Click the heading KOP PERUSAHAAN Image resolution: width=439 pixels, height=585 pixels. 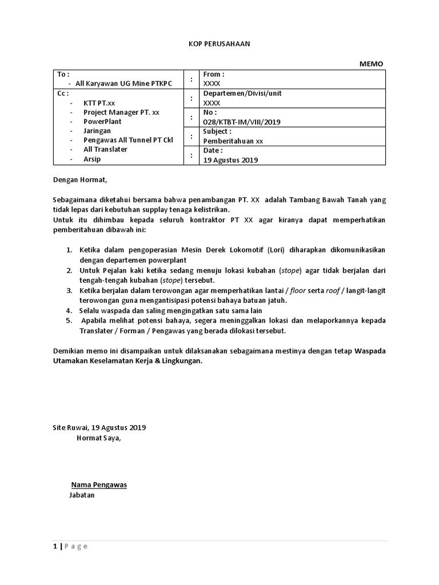point(219,43)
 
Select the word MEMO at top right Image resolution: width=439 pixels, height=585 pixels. point(371,63)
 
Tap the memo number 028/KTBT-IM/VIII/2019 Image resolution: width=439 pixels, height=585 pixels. point(242,122)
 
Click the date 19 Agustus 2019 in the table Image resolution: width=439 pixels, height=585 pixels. point(230,160)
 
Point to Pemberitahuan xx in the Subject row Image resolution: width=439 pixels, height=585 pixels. point(233,141)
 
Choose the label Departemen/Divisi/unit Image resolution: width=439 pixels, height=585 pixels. point(242,93)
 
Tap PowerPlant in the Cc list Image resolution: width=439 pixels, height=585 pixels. point(102,121)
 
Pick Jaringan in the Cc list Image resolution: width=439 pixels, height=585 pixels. point(98,130)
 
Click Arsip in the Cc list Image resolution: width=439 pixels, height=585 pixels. point(92,159)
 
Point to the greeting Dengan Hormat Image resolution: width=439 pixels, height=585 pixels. point(79,179)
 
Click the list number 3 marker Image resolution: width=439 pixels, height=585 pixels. point(69,291)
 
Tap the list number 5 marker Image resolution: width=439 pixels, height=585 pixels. point(69,320)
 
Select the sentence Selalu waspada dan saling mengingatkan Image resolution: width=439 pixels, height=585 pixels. point(151,310)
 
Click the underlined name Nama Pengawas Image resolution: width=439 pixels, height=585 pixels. point(98,485)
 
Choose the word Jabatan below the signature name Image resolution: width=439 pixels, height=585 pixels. point(82,495)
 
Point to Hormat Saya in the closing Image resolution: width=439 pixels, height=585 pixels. point(99,438)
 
